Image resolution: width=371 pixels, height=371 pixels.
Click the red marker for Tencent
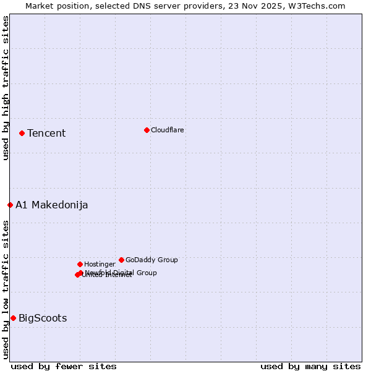(x=22, y=133)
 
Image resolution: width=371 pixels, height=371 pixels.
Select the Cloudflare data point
(x=147, y=130)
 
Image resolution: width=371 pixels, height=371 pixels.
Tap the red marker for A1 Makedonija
(x=10, y=205)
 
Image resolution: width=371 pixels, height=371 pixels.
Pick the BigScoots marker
(x=13, y=318)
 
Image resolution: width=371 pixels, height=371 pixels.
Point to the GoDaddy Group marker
(x=121, y=260)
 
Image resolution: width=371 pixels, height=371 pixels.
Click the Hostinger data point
(x=80, y=264)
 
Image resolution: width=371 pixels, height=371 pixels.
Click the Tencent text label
(x=46, y=134)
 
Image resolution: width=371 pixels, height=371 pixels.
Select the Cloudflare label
(x=167, y=130)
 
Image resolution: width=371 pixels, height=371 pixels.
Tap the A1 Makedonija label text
(x=52, y=205)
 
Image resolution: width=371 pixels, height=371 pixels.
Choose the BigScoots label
(x=43, y=318)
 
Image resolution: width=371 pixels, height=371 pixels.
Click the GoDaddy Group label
(x=151, y=260)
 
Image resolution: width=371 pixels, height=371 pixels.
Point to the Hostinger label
(x=100, y=264)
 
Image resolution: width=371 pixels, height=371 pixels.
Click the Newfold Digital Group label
(x=121, y=273)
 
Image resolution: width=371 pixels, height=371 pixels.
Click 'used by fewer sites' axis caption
(x=64, y=366)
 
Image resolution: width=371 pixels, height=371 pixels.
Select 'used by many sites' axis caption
(x=310, y=366)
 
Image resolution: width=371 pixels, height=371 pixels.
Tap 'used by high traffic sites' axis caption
(x=6, y=88)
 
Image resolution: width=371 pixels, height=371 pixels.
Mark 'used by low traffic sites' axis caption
(x=6, y=289)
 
